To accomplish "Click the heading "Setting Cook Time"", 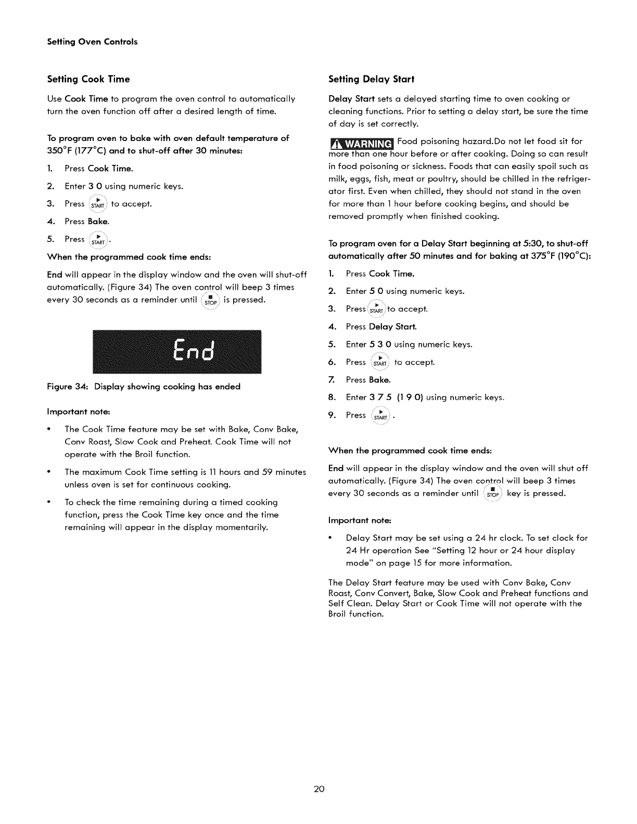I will pos(88,79).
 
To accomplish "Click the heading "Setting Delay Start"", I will pos(371,79).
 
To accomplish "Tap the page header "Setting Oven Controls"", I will pos(92,42).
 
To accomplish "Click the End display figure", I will pos(176,352).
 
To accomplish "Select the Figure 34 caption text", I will pos(144,387).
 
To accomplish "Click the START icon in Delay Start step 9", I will pos(381,415).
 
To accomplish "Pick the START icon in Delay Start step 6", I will pos(381,362).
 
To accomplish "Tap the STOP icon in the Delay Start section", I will pos(492,494).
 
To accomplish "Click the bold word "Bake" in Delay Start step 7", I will pos(379,380).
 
